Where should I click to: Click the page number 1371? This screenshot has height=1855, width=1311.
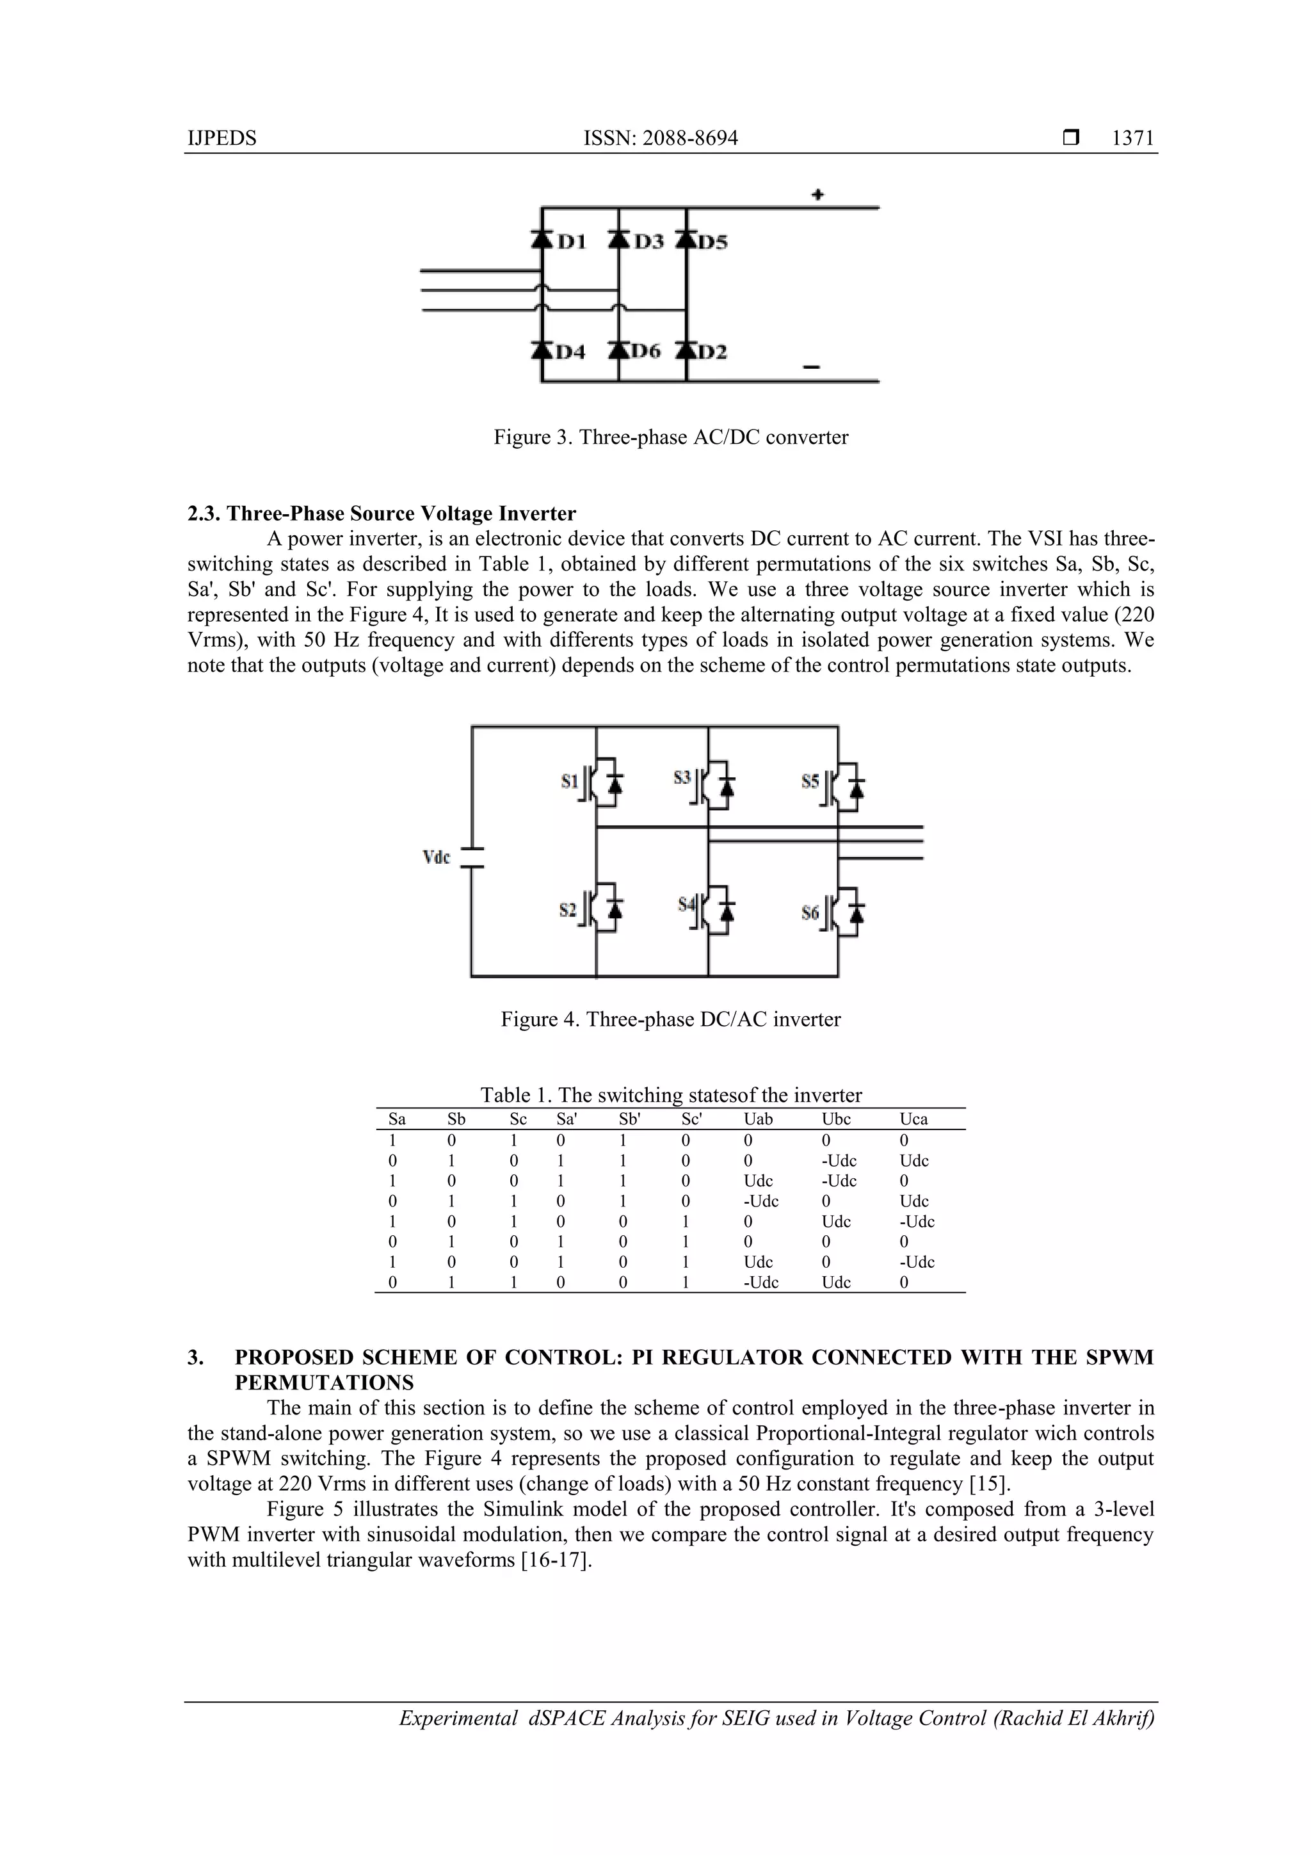pyautogui.click(x=1132, y=138)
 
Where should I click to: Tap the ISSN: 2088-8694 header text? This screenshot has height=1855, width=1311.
pyautogui.click(x=660, y=138)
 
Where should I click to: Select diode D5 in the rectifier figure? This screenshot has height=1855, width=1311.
pyautogui.click(x=688, y=240)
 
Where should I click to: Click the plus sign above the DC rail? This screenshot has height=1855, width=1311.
pyautogui.click(x=817, y=195)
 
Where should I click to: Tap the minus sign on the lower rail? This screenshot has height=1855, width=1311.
pyautogui.click(x=811, y=368)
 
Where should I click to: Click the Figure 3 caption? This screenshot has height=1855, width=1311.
pyautogui.click(x=670, y=437)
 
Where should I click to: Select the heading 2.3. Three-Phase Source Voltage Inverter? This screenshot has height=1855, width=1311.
pyautogui.click(x=382, y=514)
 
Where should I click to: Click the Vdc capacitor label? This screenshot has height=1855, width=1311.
pyautogui.click(x=436, y=857)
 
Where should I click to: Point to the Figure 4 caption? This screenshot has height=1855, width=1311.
pyautogui.click(x=670, y=1019)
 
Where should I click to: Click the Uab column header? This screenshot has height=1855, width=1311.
pyautogui.click(x=758, y=1119)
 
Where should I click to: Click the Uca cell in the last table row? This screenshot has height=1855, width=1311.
pyautogui.click(x=904, y=1282)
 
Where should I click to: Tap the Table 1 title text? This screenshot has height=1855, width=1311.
pyautogui.click(x=670, y=1095)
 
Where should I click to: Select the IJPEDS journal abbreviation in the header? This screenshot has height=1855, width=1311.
pyautogui.click(x=221, y=138)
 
